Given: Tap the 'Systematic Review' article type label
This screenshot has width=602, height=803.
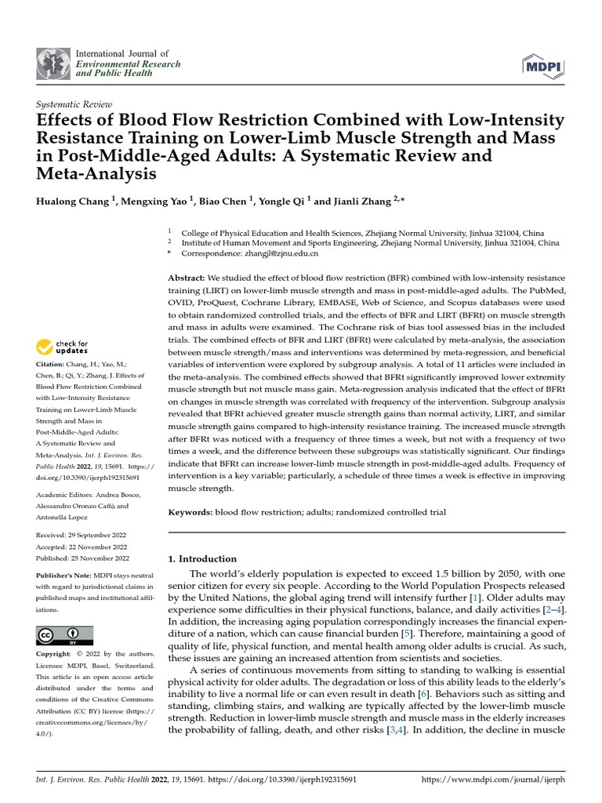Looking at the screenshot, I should pos(75,104).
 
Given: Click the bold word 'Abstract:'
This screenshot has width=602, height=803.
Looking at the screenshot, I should pos(187,278).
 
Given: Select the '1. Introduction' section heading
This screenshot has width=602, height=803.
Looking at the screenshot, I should pos(203,559).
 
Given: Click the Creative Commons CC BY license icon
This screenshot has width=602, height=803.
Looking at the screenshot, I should pos(64,634).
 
